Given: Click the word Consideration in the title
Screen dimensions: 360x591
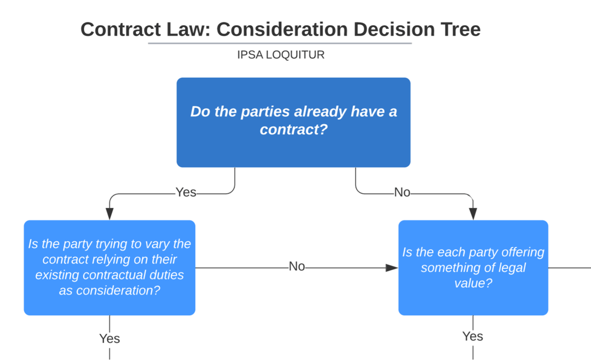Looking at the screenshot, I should pyautogui.click(x=282, y=29).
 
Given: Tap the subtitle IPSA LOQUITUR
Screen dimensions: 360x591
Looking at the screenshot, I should pyautogui.click(x=281, y=55).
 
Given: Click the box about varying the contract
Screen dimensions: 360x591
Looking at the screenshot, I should pyautogui.click(x=109, y=268).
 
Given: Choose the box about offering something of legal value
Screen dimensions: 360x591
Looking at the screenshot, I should pyautogui.click(x=473, y=268).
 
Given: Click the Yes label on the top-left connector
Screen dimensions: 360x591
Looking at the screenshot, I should pyautogui.click(x=186, y=193).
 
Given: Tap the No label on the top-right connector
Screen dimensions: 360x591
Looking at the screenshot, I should pyautogui.click(x=402, y=193).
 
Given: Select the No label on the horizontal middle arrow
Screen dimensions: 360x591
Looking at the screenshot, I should pyautogui.click(x=297, y=267).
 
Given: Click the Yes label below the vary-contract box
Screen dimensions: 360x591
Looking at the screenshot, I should pyautogui.click(x=109, y=339).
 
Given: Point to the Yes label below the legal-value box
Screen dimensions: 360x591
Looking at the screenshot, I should pyautogui.click(x=473, y=336).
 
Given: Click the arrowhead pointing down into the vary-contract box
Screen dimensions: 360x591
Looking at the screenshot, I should pyautogui.click(x=109, y=214).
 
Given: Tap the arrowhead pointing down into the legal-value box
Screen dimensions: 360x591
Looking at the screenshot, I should pyautogui.click(x=473, y=214).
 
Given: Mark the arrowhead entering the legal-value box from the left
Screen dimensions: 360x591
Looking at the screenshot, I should pyautogui.click(x=391, y=268).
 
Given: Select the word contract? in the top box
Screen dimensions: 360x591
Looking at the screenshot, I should pyautogui.click(x=289, y=130).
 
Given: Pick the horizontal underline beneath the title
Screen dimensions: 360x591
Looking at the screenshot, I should pyautogui.click(x=280, y=43).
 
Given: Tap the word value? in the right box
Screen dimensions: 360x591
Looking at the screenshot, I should pyautogui.click(x=473, y=283).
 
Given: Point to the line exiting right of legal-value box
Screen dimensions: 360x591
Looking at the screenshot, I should pyautogui.click(x=569, y=268).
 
